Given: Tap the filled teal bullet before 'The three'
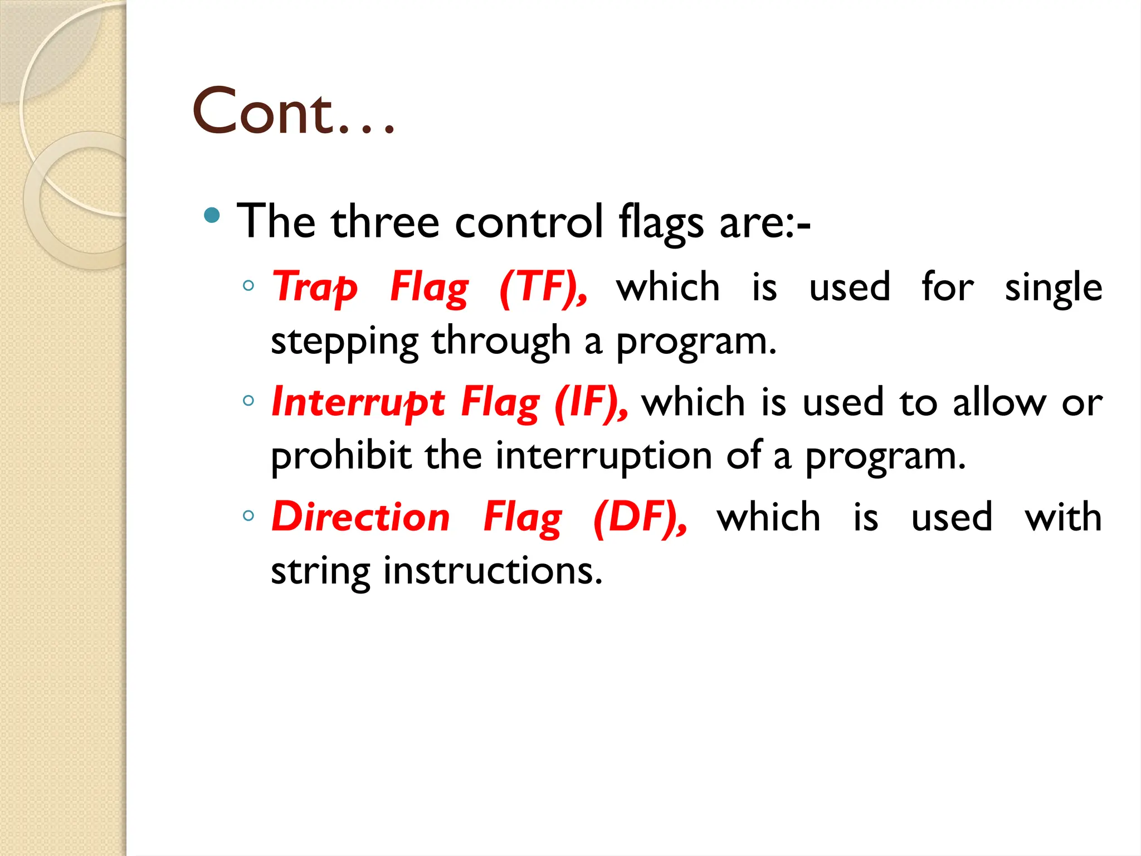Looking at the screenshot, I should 212,215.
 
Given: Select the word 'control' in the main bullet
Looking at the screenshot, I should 529,222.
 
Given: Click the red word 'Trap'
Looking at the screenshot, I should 314,288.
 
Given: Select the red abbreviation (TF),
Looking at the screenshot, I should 543,288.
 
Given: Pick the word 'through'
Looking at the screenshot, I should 501,341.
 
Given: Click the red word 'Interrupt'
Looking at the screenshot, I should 358,402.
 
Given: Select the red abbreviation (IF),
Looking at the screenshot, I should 591,402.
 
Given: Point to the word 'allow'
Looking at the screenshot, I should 999,402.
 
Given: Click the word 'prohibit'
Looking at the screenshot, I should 340,456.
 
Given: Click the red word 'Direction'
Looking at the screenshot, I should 360,517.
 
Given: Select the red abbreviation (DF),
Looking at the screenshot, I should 640,517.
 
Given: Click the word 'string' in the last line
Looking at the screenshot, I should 320,572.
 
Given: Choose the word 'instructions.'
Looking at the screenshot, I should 493,571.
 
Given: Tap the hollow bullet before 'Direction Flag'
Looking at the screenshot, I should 248,515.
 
